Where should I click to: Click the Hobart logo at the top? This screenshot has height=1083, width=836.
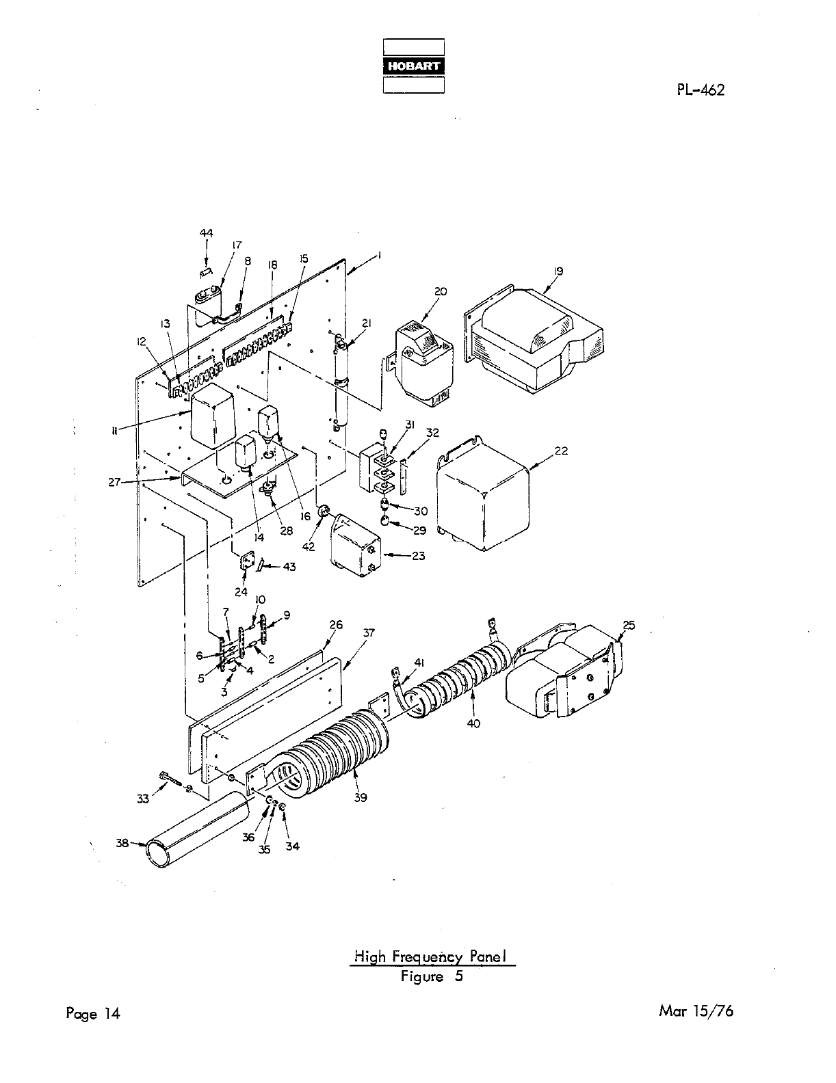413,66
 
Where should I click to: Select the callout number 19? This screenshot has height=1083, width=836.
558,271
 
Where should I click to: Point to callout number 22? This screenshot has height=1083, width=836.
561,451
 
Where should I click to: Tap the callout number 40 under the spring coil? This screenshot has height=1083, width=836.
473,724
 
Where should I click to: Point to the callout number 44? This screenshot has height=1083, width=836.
206,233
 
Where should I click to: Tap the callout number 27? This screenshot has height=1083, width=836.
114,482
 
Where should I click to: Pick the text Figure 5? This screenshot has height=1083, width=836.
432,976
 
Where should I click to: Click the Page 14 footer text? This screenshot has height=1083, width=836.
93,1013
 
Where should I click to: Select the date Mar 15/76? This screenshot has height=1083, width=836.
696,1011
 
